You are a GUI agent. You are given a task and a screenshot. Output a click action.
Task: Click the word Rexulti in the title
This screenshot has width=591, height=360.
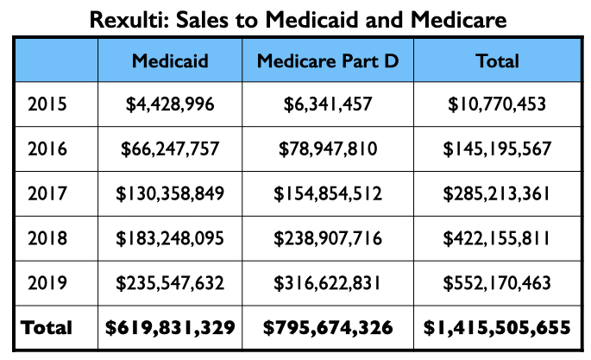(x=137, y=18)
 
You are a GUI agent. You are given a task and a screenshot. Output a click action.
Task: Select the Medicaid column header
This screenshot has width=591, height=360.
(x=169, y=61)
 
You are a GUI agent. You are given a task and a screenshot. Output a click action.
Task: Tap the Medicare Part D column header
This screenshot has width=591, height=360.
(x=327, y=61)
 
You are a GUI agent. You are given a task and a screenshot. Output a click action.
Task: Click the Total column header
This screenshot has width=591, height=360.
(x=498, y=61)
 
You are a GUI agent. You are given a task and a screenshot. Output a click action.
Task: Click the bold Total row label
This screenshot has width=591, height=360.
(x=47, y=328)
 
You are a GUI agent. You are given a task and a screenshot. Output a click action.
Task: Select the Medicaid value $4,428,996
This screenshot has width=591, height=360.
(x=169, y=105)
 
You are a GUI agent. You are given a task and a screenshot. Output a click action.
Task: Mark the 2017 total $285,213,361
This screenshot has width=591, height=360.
(x=498, y=194)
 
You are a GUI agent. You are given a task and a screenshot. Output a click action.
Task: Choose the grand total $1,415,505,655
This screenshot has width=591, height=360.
(x=498, y=328)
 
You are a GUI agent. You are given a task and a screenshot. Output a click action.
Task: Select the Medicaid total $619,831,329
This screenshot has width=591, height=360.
(x=169, y=328)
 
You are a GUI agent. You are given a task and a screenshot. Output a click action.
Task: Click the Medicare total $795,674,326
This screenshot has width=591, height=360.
(x=327, y=328)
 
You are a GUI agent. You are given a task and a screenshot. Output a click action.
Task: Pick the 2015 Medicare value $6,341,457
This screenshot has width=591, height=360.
(x=327, y=105)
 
